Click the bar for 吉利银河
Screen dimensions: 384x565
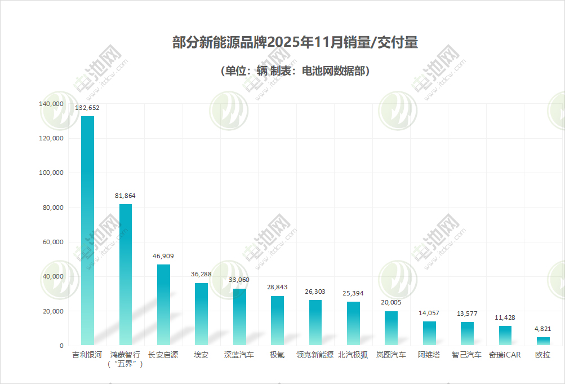point(87,230)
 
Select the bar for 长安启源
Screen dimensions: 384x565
point(163,304)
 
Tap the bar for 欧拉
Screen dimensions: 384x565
point(543,341)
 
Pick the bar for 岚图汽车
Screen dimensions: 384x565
point(391,328)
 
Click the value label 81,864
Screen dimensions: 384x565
point(125,196)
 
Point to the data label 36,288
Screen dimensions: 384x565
point(201,275)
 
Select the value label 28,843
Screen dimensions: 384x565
point(277,287)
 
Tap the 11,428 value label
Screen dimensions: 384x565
point(505,317)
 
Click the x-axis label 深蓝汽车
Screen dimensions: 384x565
point(239,355)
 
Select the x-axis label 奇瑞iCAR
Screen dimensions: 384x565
point(505,355)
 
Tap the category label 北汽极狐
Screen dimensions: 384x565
point(353,355)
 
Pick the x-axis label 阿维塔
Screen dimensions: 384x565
point(429,355)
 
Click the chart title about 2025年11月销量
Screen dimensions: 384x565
point(295,43)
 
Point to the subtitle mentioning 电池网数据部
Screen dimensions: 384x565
point(295,71)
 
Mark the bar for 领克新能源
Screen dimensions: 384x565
point(315,322)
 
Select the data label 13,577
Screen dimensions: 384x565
point(467,314)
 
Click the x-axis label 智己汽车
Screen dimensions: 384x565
point(467,355)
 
